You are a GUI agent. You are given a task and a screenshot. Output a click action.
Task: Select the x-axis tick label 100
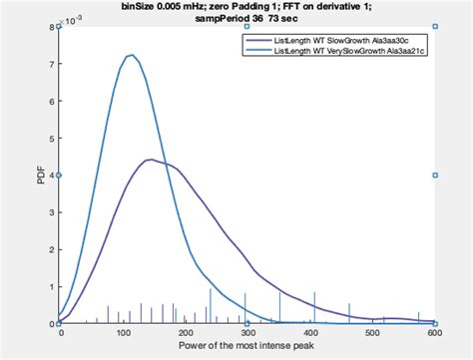coord(123,333)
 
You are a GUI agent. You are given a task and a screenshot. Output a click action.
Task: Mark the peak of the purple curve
coord(150,160)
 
